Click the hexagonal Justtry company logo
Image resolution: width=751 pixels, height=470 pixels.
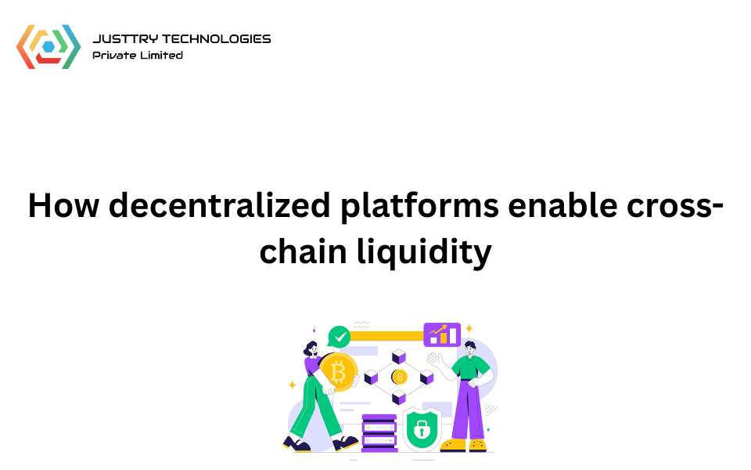point(49,46)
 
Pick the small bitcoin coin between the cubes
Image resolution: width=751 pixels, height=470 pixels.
point(400,377)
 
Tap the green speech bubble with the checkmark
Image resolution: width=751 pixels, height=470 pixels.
point(339,337)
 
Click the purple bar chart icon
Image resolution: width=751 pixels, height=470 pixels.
point(442,334)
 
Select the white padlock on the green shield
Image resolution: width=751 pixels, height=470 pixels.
point(421,428)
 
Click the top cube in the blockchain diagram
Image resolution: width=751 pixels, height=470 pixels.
point(399,356)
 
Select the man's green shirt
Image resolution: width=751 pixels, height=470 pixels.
point(473,368)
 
